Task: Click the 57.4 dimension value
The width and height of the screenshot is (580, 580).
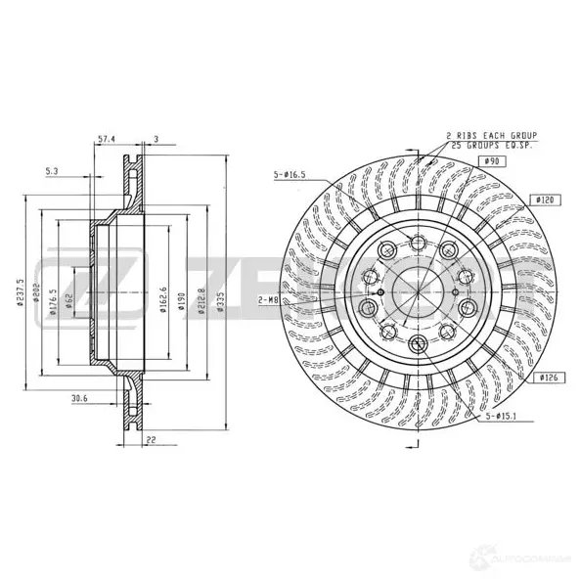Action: pos(108,138)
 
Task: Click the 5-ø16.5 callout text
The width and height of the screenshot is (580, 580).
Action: pos(290,175)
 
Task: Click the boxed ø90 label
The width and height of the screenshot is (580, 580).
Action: pos(493,161)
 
